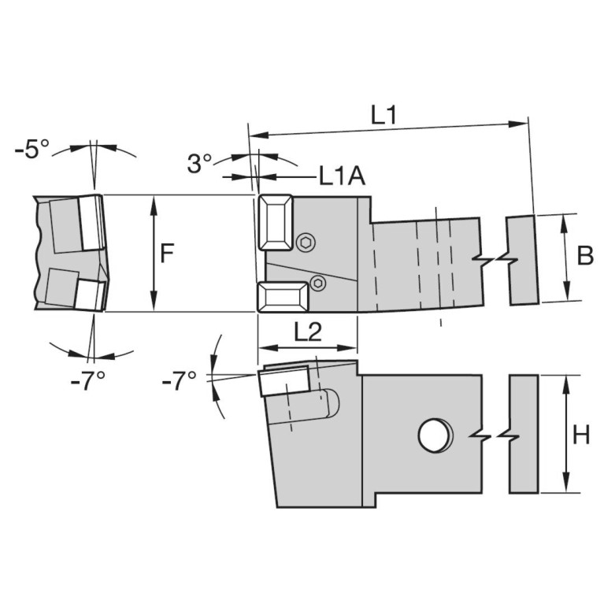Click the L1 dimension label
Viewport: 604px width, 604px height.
[384, 115]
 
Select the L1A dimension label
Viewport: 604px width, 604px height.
[343, 177]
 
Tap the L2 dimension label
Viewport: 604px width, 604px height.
[308, 332]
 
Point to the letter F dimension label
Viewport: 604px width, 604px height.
[167, 254]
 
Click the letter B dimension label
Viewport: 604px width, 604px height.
[585, 255]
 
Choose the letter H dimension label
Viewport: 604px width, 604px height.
[581, 435]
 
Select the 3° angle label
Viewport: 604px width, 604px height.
[199, 163]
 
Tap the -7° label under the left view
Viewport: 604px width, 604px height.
[88, 382]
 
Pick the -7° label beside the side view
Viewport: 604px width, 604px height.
[180, 381]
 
